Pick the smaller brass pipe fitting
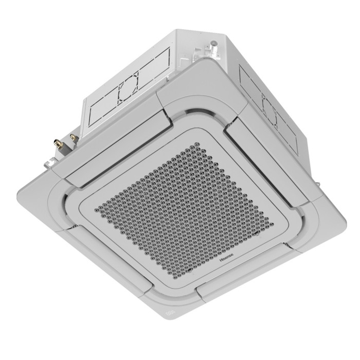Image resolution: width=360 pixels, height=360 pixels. [x=73, y=136]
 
